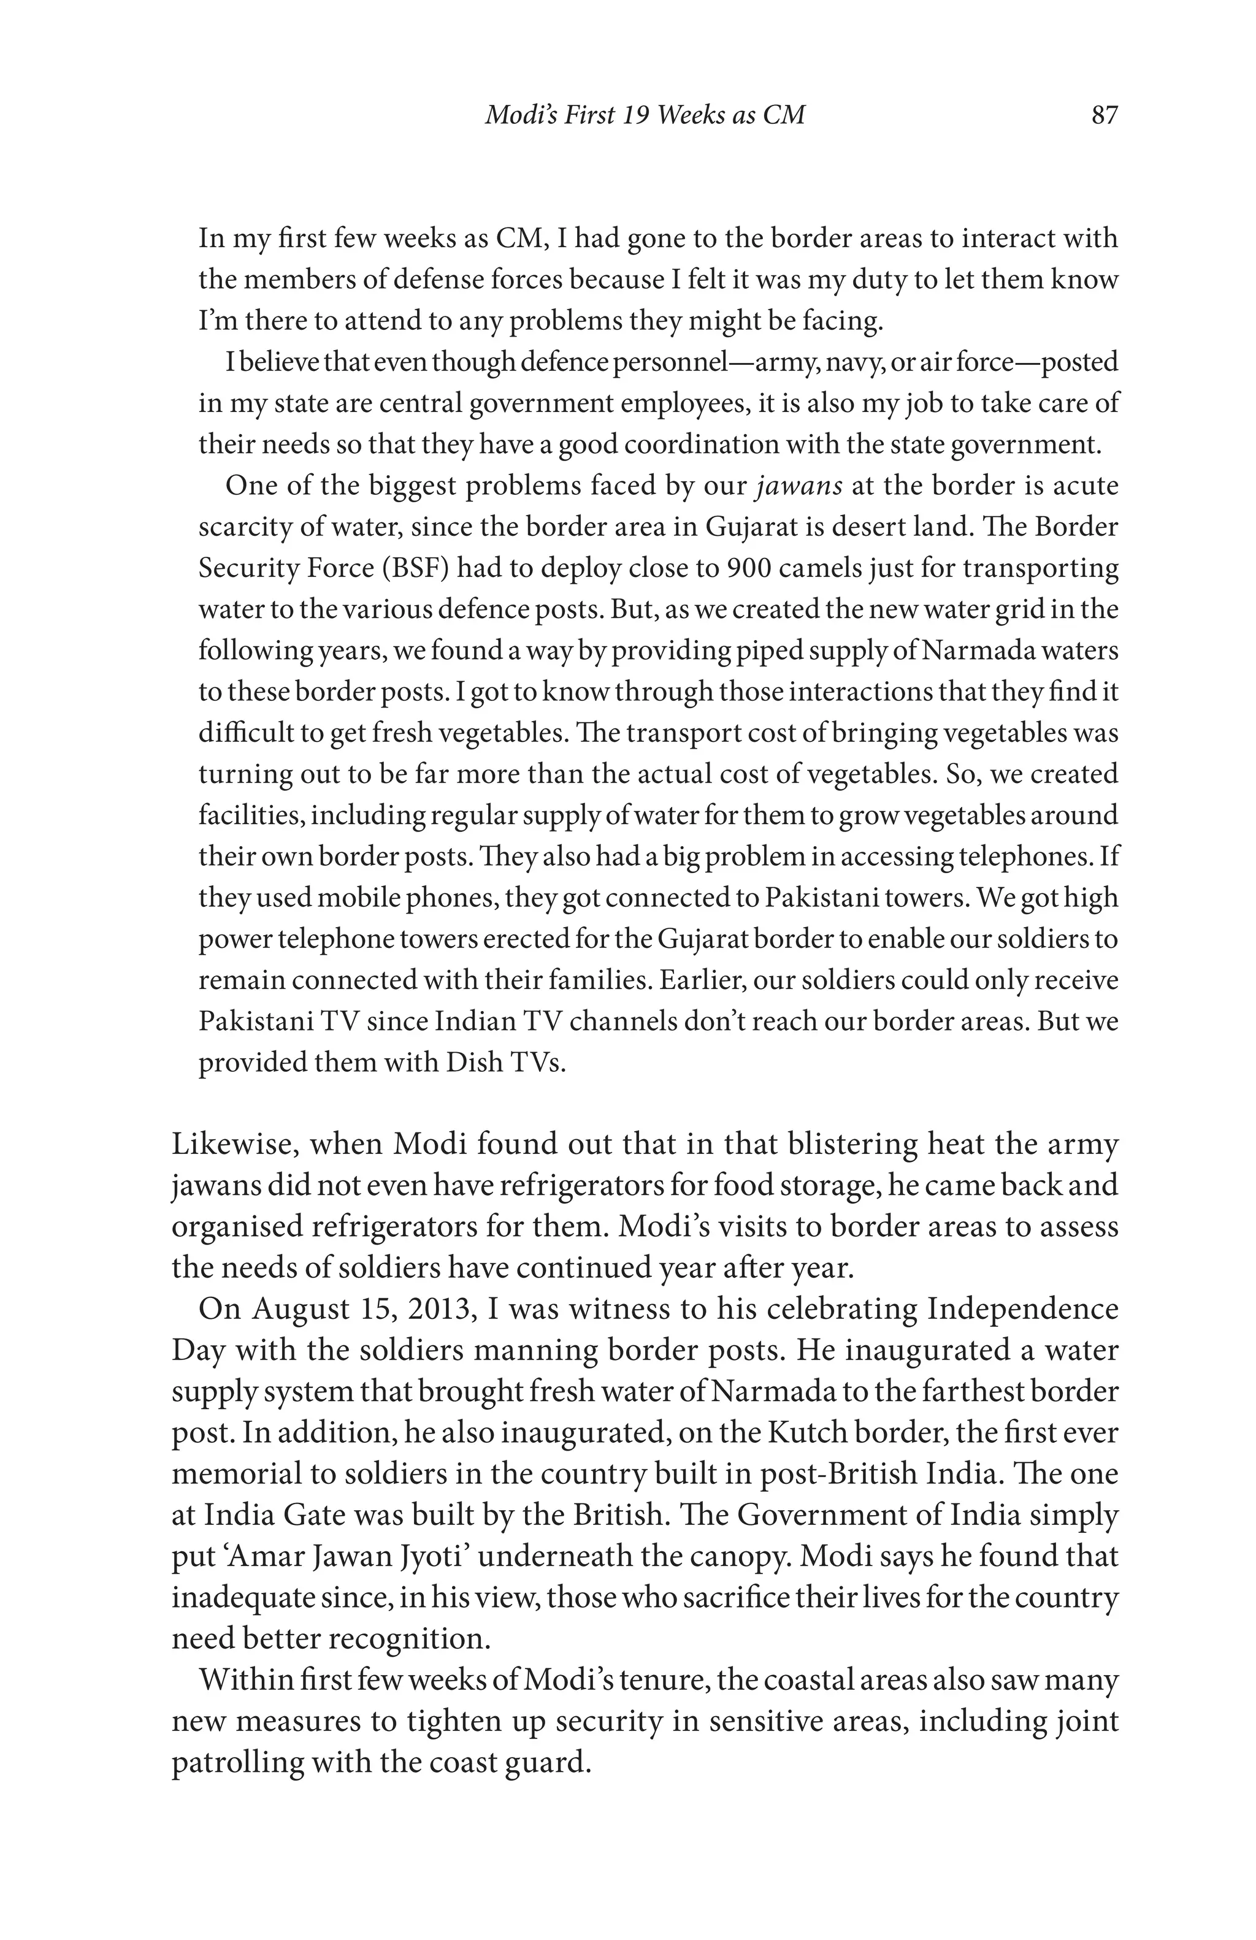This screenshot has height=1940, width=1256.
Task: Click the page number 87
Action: coord(1105,115)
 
